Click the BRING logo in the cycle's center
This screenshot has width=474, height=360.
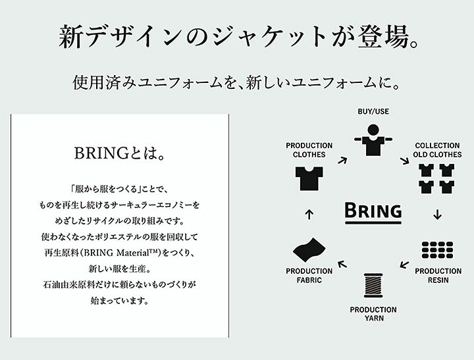coord(373,213)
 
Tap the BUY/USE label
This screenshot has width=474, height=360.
coord(373,111)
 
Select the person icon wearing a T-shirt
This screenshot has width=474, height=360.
coord(374,140)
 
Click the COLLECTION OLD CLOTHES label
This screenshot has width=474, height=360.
coord(437,150)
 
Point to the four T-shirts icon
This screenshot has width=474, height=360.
coord(437,178)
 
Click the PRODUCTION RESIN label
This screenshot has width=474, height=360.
coord(438,275)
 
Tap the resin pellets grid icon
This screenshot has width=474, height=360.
coord(437,250)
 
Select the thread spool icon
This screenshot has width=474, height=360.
coord(373,285)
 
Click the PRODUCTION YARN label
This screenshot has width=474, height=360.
coord(373,314)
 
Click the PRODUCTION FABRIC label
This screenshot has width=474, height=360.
coord(309,275)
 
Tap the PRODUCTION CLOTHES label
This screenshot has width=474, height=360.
coord(309,150)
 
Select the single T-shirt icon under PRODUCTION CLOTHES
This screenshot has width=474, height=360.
coord(309,178)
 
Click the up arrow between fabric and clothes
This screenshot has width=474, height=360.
coord(309,214)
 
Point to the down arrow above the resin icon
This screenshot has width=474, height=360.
coord(437,214)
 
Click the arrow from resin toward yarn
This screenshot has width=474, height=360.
coord(404,264)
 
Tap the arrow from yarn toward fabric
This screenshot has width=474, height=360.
coord(342,264)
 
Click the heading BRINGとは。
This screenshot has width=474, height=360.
coord(120,153)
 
